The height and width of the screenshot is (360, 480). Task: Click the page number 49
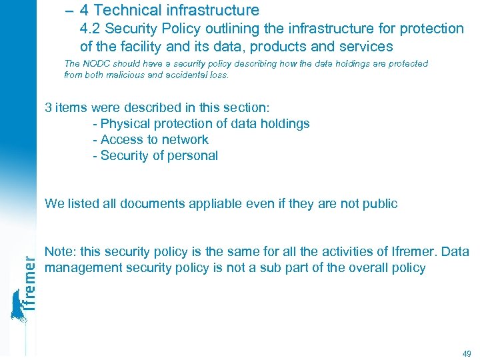[466, 353]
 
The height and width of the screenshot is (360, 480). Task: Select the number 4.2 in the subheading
[91, 29]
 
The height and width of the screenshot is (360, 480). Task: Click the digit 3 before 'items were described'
[48, 107]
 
